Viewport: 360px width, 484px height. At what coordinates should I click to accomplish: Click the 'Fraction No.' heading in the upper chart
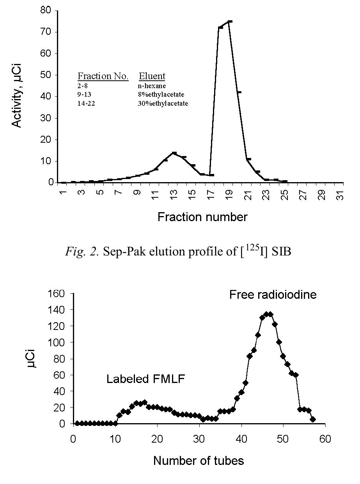coord(103,76)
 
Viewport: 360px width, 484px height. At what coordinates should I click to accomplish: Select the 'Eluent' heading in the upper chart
coord(152,76)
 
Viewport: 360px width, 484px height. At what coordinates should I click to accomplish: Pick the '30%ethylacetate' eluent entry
coord(163,103)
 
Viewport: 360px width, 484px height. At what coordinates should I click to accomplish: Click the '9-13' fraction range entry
coord(84,94)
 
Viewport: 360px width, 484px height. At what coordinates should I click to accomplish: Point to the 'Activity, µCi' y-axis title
coord(16,96)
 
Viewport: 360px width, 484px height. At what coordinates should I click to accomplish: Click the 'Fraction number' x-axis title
coord(202,217)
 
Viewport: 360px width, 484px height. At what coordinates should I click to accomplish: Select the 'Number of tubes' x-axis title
coord(199,461)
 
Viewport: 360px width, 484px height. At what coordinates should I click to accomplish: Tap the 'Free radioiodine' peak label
coord(273,295)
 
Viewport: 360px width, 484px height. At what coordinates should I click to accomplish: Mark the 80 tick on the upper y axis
coord(46,11)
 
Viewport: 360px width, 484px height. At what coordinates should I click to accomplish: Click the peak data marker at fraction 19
coord(230,22)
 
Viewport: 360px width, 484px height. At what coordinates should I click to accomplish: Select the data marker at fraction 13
coord(174,153)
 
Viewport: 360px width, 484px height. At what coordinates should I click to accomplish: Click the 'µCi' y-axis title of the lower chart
coord(33,358)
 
